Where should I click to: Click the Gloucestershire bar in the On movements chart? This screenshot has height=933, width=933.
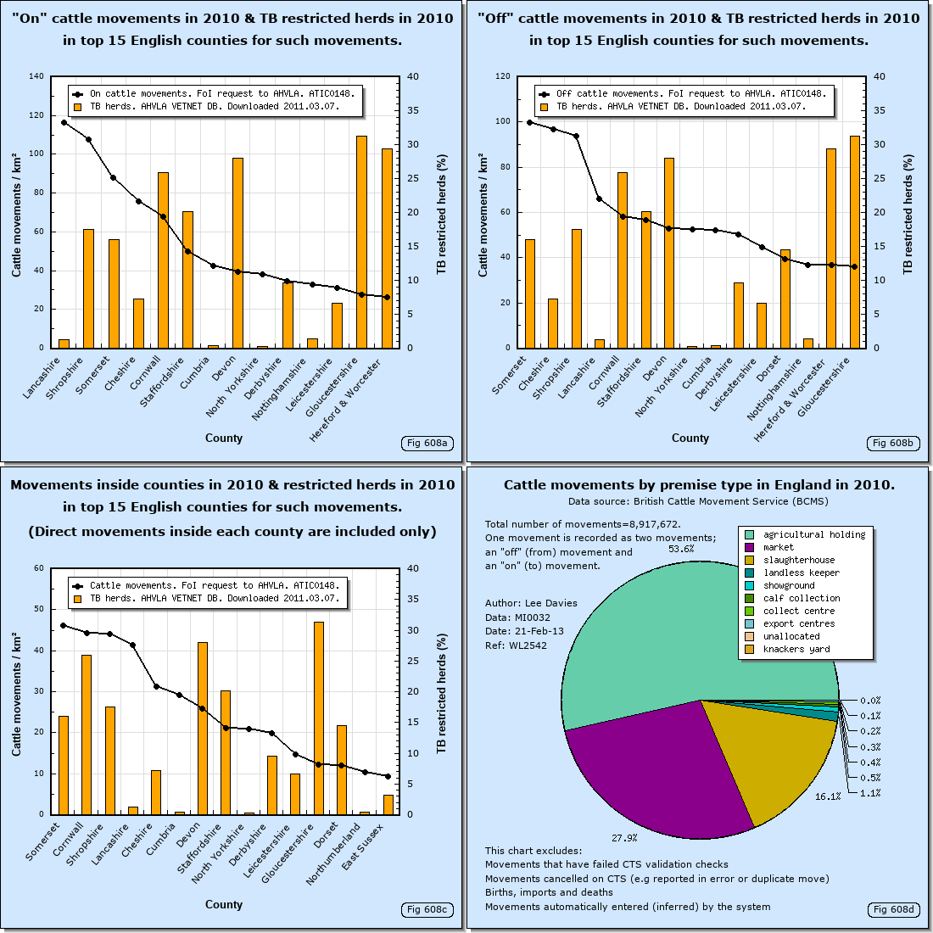(x=361, y=242)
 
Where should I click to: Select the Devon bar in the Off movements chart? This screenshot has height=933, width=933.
(x=669, y=253)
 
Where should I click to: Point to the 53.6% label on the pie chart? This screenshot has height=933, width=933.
(x=681, y=549)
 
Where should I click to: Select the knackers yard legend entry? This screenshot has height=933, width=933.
(x=796, y=649)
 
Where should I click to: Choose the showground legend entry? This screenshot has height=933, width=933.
(x=788, y=585)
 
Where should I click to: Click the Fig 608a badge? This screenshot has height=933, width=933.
(x=427, y=443)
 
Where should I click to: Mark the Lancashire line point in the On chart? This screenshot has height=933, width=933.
(x=64, y=123)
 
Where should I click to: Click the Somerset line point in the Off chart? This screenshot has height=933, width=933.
(x=530, y=122)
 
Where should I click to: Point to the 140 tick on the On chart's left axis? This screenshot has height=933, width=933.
(x=37, y=76)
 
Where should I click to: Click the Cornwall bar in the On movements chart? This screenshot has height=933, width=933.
(x=163, y=260)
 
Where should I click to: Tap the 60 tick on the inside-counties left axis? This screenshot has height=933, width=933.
(x=40, y=568)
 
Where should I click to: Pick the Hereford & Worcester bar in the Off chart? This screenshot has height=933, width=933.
(x=831, y=248)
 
